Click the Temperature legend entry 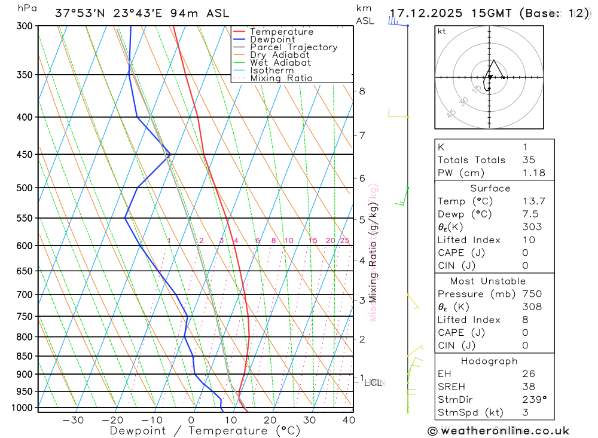point(281,32)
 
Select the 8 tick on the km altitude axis point(362,91)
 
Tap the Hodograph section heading point(489,361)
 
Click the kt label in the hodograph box point(442,31)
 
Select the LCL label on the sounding point(373,382)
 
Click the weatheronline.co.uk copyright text point(498,430)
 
